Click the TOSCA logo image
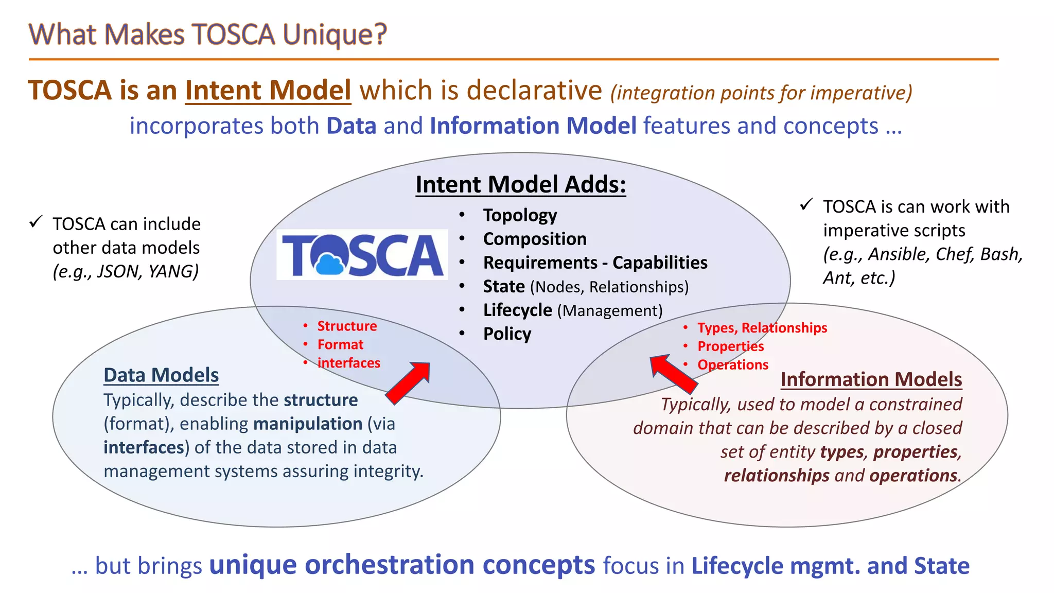click(x=362, y=254)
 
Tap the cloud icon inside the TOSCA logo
click(x=329, y=264)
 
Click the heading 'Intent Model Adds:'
click(x=520, y=185)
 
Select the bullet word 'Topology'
click(x=520, y=215)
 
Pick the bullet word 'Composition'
click(x=534, y=239)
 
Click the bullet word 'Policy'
click(x=507, y=334)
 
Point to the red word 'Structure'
click(x=347, y=326)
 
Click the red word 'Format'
click(x=340, y=344)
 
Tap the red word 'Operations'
click(x=732, y=365)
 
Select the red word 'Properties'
click(x=730, y=346)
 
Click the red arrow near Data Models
click(x=408, y=382)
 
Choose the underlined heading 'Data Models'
click(x=161, y=375)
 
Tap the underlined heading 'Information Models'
click(x=871, y=379)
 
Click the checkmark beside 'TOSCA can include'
click(x=36, y=222)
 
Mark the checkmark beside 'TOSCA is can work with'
click(x=806, y=205)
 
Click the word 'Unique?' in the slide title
click(x=335, y=35)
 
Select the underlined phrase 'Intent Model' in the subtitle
click(x=268, y=91)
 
